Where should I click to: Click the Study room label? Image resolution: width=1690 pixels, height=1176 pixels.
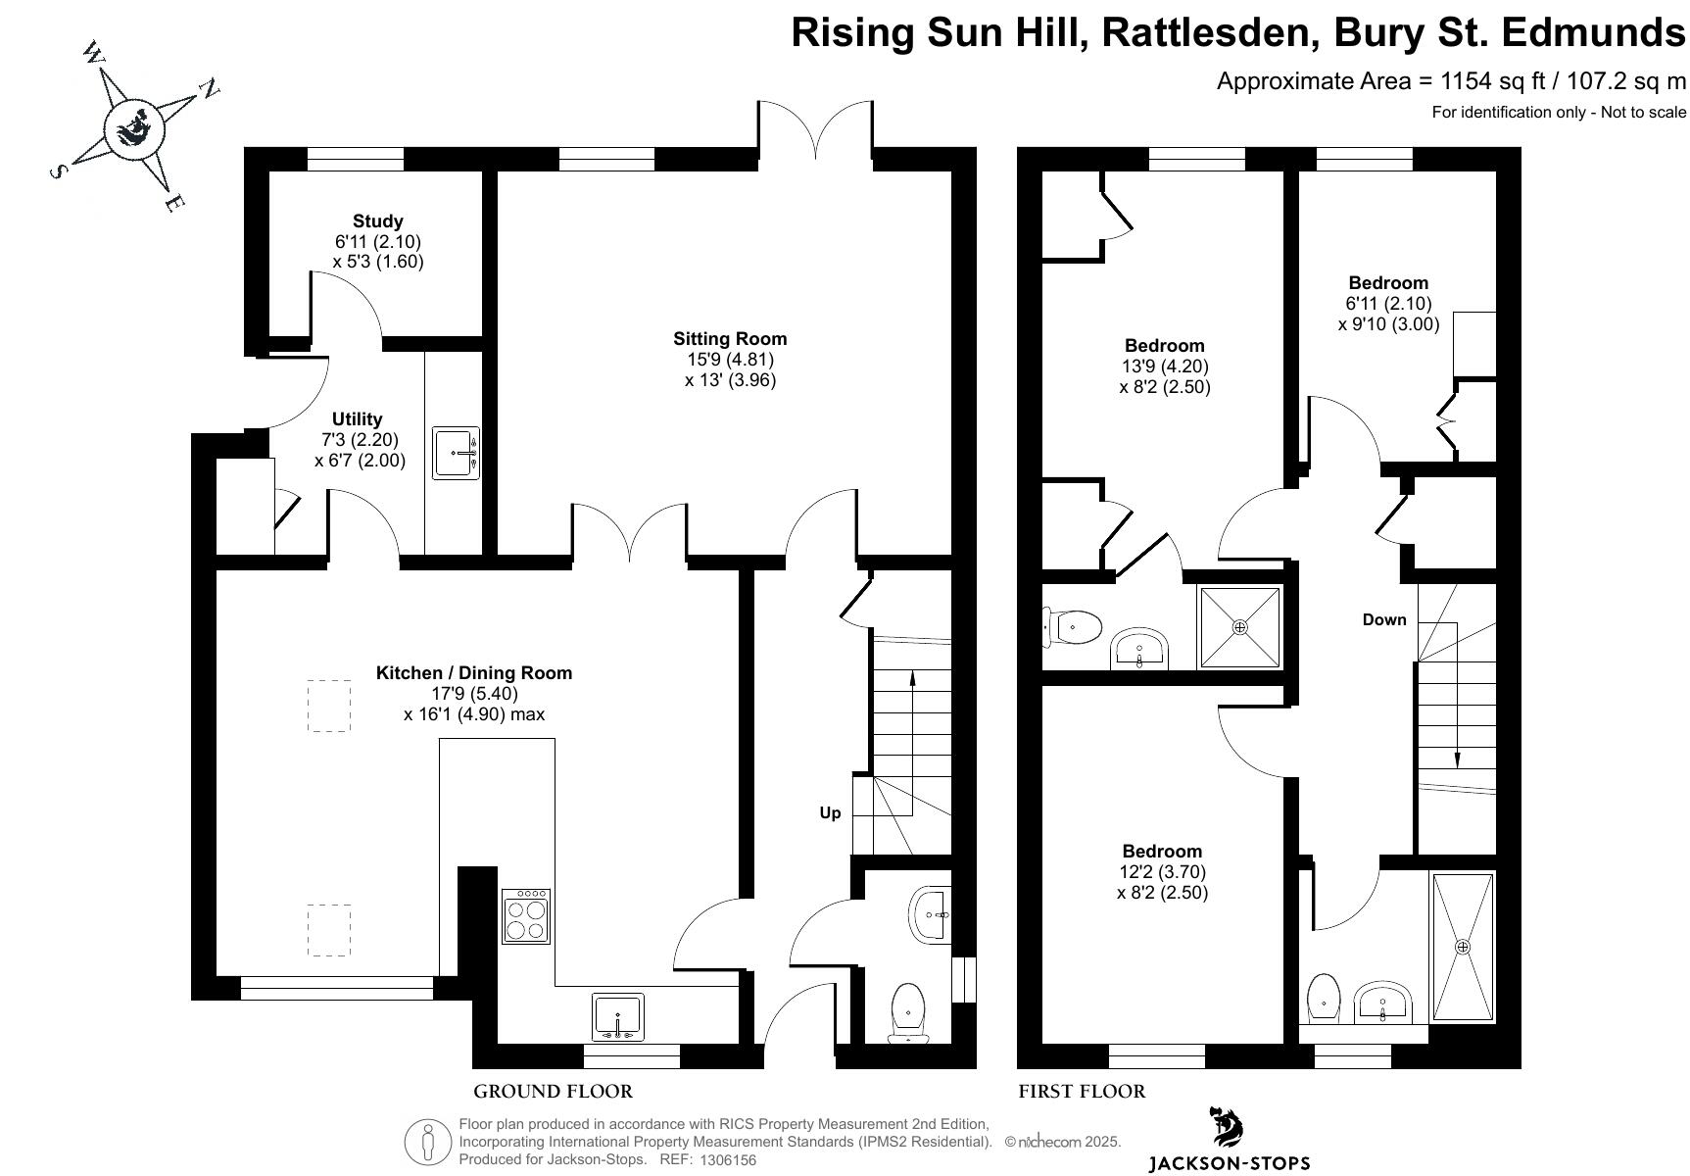(x=377, y=221)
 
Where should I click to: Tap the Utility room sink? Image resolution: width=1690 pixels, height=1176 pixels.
(x=456, y=453)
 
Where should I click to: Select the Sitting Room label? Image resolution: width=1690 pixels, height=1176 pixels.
(x=730, y=339)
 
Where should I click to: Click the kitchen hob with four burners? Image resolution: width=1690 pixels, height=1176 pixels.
(x=526, y=916)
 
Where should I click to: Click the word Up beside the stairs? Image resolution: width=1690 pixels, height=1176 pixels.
(x=830, y=812)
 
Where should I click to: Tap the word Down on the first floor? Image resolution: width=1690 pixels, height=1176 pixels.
(x=1384, y=619)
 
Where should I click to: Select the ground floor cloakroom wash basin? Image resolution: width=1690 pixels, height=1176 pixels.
(x=930, y=915)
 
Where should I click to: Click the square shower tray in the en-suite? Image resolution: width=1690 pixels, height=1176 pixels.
(x=1240, y=627)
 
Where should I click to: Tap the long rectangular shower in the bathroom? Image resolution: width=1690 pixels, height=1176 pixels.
(x=1463, y=947)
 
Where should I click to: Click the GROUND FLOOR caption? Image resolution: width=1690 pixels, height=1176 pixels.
(x=553, y=1092)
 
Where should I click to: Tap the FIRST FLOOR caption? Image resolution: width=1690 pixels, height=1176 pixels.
(x=1082, y=1092)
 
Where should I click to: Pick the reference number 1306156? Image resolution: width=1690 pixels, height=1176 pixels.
(x=727, y=1160)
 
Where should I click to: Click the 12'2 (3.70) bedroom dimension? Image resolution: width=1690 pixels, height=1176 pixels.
(x=1163, y=872)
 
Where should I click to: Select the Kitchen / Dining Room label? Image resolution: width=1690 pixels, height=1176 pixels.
(x=474, y=673)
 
